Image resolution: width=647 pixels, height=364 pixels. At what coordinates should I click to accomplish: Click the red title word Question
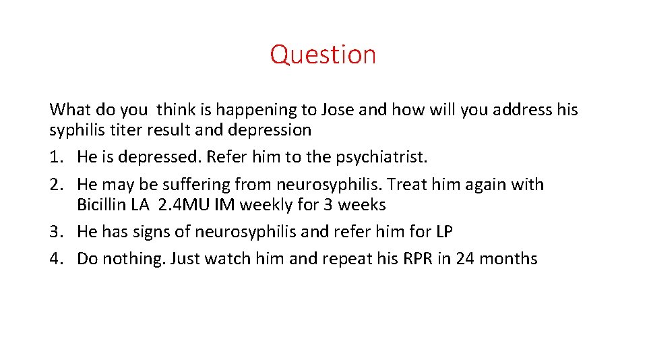(x=323, y=55)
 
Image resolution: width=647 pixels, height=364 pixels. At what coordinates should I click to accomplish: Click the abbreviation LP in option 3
(x=443, y=232)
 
